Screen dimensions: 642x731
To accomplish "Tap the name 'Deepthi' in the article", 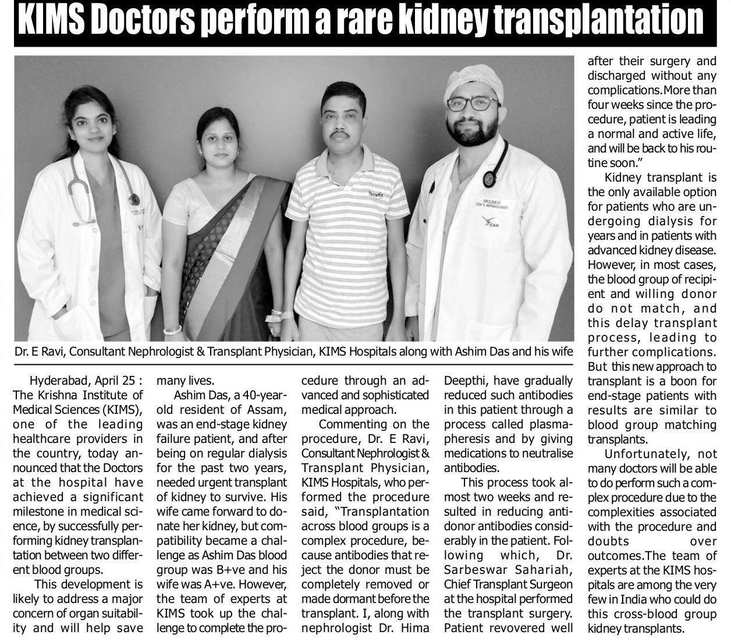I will point(465,381).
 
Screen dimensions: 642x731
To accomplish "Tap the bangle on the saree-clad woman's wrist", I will point(172,330).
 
